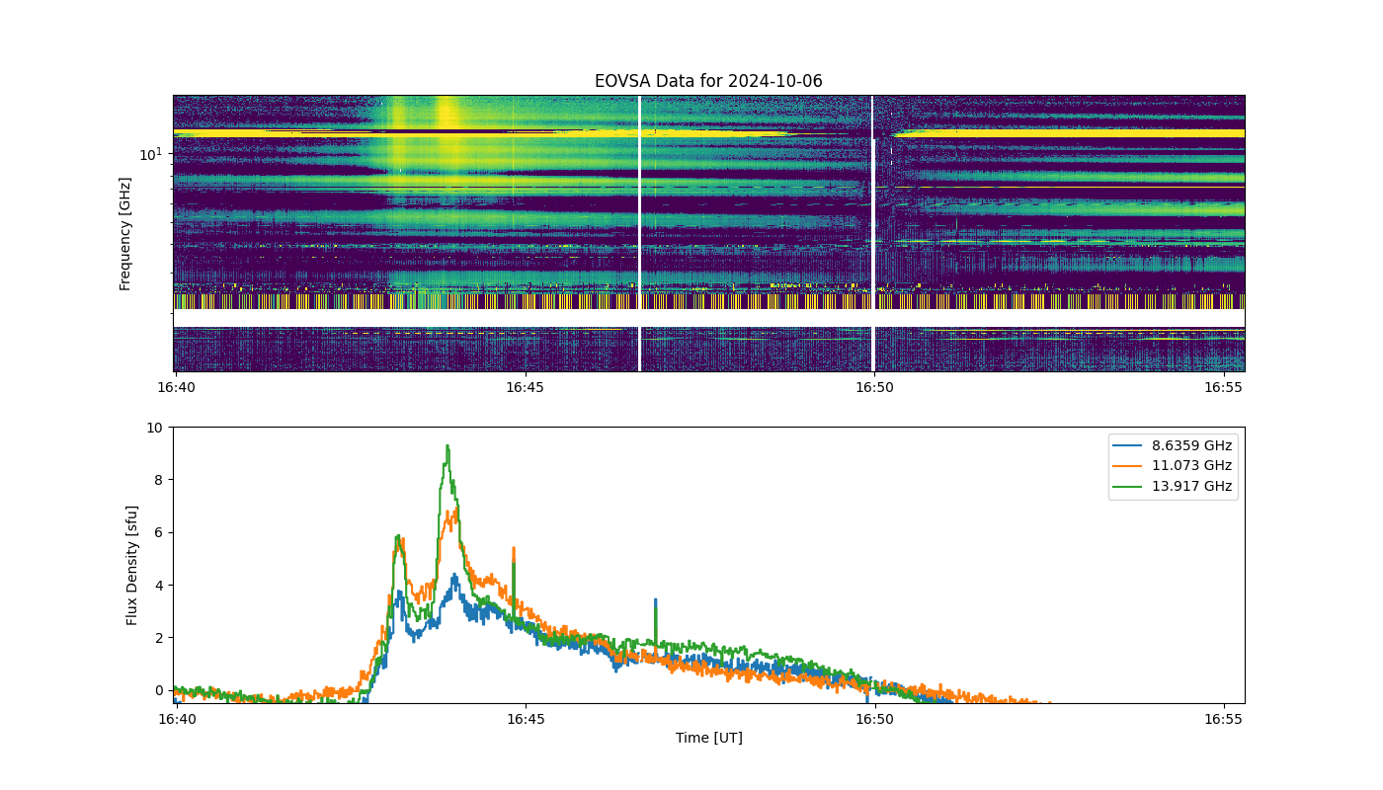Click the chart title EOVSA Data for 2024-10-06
tap(708, 81)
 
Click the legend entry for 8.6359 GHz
tap(1172, 445)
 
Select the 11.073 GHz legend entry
tap(1172, 465)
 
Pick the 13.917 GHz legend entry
tap(1172, 486)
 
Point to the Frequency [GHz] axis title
tap(124, 234)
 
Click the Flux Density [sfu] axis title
tap(131, 565)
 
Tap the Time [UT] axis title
tap(709, 739)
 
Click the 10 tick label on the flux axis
tap(154, 428)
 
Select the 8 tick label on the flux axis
tap(159, 480)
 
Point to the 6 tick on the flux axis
tap(159, 532)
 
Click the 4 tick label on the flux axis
tap(159, 585)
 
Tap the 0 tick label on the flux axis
tap(159, 690)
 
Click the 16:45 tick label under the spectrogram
tap(525, 387)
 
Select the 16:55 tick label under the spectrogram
tap(1223, 387)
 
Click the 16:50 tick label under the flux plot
tap(874, 719)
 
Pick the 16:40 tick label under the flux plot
tap(177, 719)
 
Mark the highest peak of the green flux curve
tap(447, 445)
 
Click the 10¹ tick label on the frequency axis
tap(150, 154)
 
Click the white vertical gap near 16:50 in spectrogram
tap(872, 233)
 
